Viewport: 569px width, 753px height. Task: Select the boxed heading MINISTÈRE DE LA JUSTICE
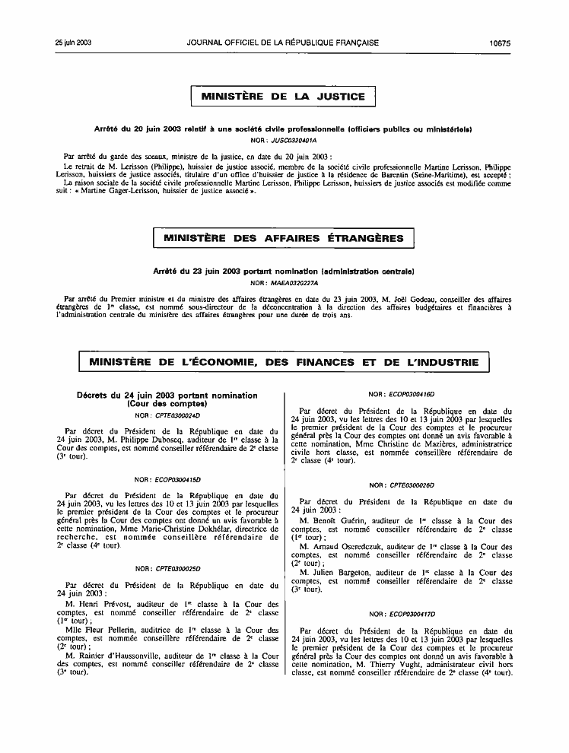tap(283, 97)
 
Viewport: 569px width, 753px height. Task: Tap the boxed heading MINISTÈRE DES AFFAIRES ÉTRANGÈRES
tap(283, 239)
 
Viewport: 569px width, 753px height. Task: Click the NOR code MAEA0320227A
tap(297, 283)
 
